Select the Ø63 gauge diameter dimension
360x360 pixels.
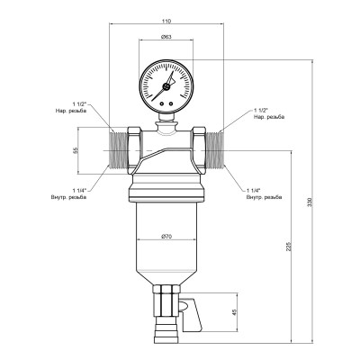pyautogui.click(x=166, y=37)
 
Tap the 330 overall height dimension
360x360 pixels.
pyautogui.click(x=311, y=203)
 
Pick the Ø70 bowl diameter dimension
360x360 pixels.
pyautogui.click(x=166, y=236)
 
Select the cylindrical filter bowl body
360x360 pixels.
pyautogui.click(x=166, y=243)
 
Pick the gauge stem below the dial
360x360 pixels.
pyautogui.click(x=166, y=115)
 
